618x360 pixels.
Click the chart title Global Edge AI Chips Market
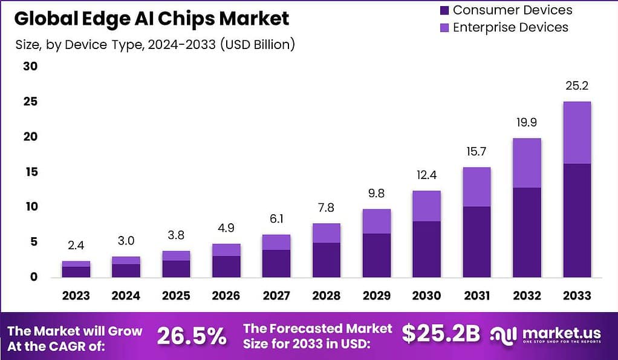[x=151, y=19]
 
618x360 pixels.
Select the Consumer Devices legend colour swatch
[x=444, y=10]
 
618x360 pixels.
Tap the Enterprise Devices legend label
[x=510, y=27]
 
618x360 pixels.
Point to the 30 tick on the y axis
[x=30, y=67]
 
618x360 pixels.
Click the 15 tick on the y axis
[x=30, y=172]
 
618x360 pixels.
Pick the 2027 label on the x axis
[x=276, y=296]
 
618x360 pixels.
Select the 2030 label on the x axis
[x=426, y=296]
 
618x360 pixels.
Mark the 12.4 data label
[x=426, y=176]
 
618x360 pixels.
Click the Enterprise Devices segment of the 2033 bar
[x=577, y=133]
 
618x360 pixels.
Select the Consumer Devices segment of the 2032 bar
[x=527, y=232]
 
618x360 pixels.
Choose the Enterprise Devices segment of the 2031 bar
[x=477, y=187]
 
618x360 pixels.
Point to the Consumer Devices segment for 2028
[x=326, y=260]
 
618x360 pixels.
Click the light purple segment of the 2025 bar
[x=175, y=255]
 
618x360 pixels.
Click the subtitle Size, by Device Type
[x=154, y=45]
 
